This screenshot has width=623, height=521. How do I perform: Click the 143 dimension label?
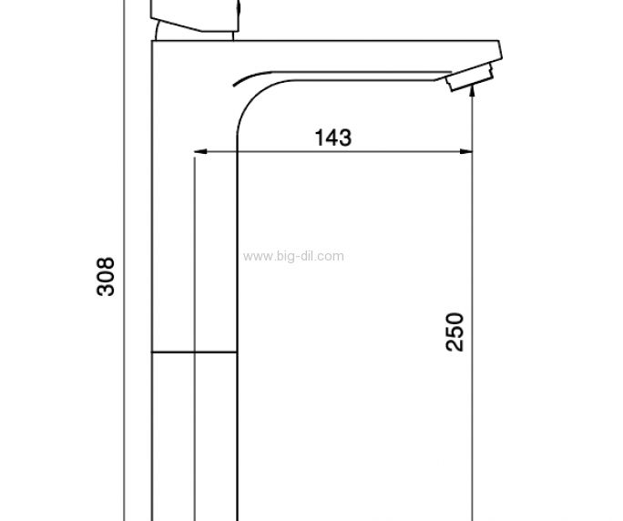tap(333, 138)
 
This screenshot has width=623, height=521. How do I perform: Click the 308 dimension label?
tap(106, 277)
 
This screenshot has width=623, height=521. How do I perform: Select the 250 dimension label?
tap(454, 332)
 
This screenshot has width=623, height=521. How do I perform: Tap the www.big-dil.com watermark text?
tap(293, 256)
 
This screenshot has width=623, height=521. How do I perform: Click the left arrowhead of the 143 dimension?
tap(199, 151)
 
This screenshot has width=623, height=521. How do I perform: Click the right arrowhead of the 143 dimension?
tap(466, 151)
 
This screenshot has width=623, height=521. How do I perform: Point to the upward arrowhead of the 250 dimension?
tap(472, 90)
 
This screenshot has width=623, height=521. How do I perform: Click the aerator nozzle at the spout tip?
tap(469, 77)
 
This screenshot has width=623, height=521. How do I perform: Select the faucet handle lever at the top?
tap(195, 15)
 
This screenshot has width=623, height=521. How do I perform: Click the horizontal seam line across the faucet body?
tap(194, 352)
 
